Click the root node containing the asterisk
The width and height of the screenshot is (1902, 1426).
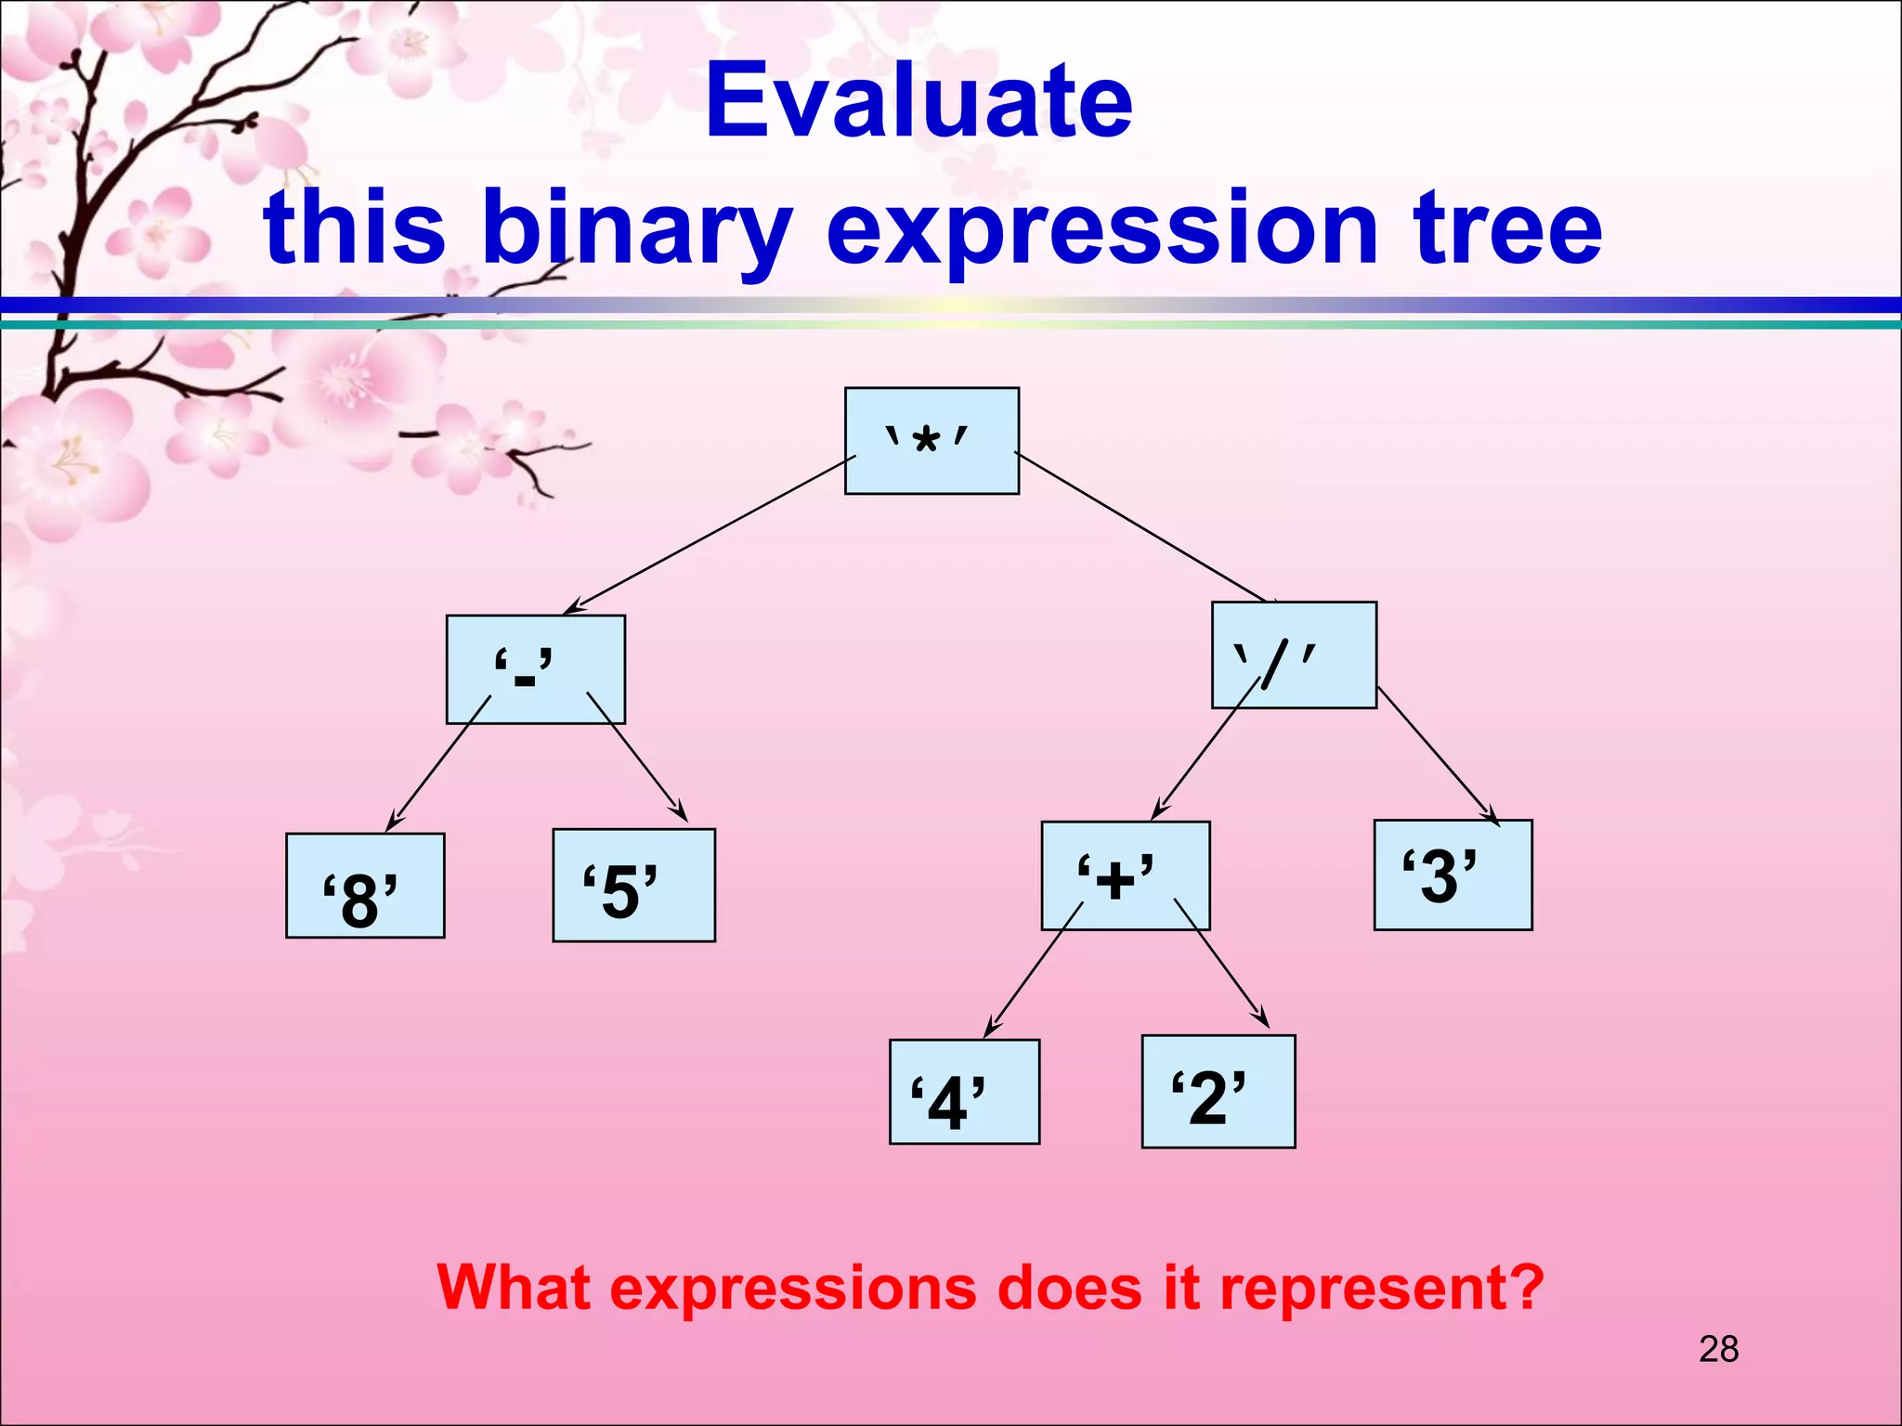(x=931, y=441)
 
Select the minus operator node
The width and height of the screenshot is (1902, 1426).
(x=536, y=669)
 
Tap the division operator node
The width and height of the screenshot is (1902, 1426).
(x=1294, y=655)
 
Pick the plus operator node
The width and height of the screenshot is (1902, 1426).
(x=1126, y=875)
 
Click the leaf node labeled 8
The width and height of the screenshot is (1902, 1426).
(x=365, y=886)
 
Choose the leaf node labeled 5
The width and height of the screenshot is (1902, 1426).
(x=633, y=885)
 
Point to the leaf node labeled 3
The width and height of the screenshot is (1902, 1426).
(x=1453, y=875)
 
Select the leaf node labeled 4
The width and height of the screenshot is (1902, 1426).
(x=964, y=1092)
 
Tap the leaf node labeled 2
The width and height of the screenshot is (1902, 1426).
(x=1218, y=1092)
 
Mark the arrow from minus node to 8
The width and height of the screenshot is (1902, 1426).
(x=438, y=762)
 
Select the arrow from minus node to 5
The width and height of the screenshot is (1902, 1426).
(x=637, y=757)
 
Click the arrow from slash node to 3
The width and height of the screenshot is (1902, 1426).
(x=1437, y=755)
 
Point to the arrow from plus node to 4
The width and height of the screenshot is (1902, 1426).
(x=1033, y=969)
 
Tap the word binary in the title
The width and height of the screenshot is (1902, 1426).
(x=637, y=227)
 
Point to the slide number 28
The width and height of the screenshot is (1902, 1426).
(x=1718, y=1349)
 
